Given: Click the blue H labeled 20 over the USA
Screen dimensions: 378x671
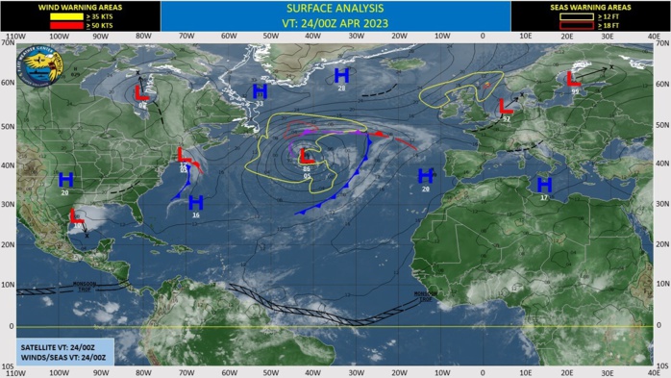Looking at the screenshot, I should (65, 180).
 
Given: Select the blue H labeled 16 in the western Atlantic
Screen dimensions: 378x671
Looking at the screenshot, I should (196, 203).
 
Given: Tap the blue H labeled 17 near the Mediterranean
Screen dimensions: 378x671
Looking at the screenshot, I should (544, 185).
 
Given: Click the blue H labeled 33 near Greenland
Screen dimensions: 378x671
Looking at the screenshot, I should (259, 91).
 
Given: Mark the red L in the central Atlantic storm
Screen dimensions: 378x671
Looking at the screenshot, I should (306, 156).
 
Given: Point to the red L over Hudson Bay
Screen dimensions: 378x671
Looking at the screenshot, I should (140, 93).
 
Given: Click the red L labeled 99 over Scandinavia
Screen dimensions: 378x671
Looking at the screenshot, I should (574, 79).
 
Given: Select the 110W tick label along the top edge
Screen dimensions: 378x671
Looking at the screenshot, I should (13, 38).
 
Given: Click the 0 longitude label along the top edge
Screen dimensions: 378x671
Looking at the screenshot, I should (483, 38).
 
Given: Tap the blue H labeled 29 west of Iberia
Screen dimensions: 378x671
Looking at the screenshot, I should (425, 176).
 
